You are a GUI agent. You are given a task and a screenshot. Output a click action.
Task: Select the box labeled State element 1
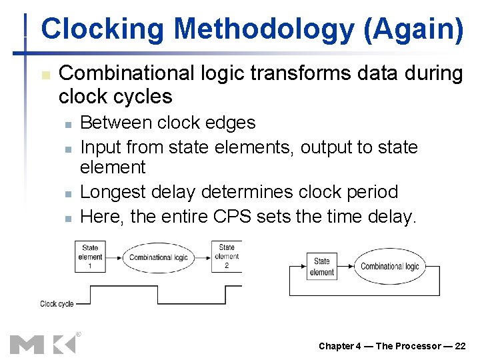pos(90,257)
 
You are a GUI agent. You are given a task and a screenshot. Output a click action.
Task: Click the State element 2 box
pos(227,257)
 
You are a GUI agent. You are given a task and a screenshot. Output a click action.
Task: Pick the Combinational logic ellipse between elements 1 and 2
pos(158,257)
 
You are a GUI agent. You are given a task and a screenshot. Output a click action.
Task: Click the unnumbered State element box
pos(321,267)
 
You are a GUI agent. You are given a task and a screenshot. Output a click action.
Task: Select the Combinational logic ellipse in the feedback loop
pos(390,267)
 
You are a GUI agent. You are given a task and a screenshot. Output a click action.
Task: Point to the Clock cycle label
pos(57,303)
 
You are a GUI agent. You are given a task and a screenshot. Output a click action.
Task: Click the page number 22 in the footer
pos(460,345)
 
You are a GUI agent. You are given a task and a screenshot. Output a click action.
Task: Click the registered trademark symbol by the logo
pos(79,334)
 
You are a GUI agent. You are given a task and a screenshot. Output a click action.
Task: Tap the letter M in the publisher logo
pos(27,344)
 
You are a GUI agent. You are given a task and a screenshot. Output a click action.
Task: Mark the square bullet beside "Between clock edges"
pos(67,123)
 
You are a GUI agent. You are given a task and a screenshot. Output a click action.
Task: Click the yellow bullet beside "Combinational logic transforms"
pos(45,74)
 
